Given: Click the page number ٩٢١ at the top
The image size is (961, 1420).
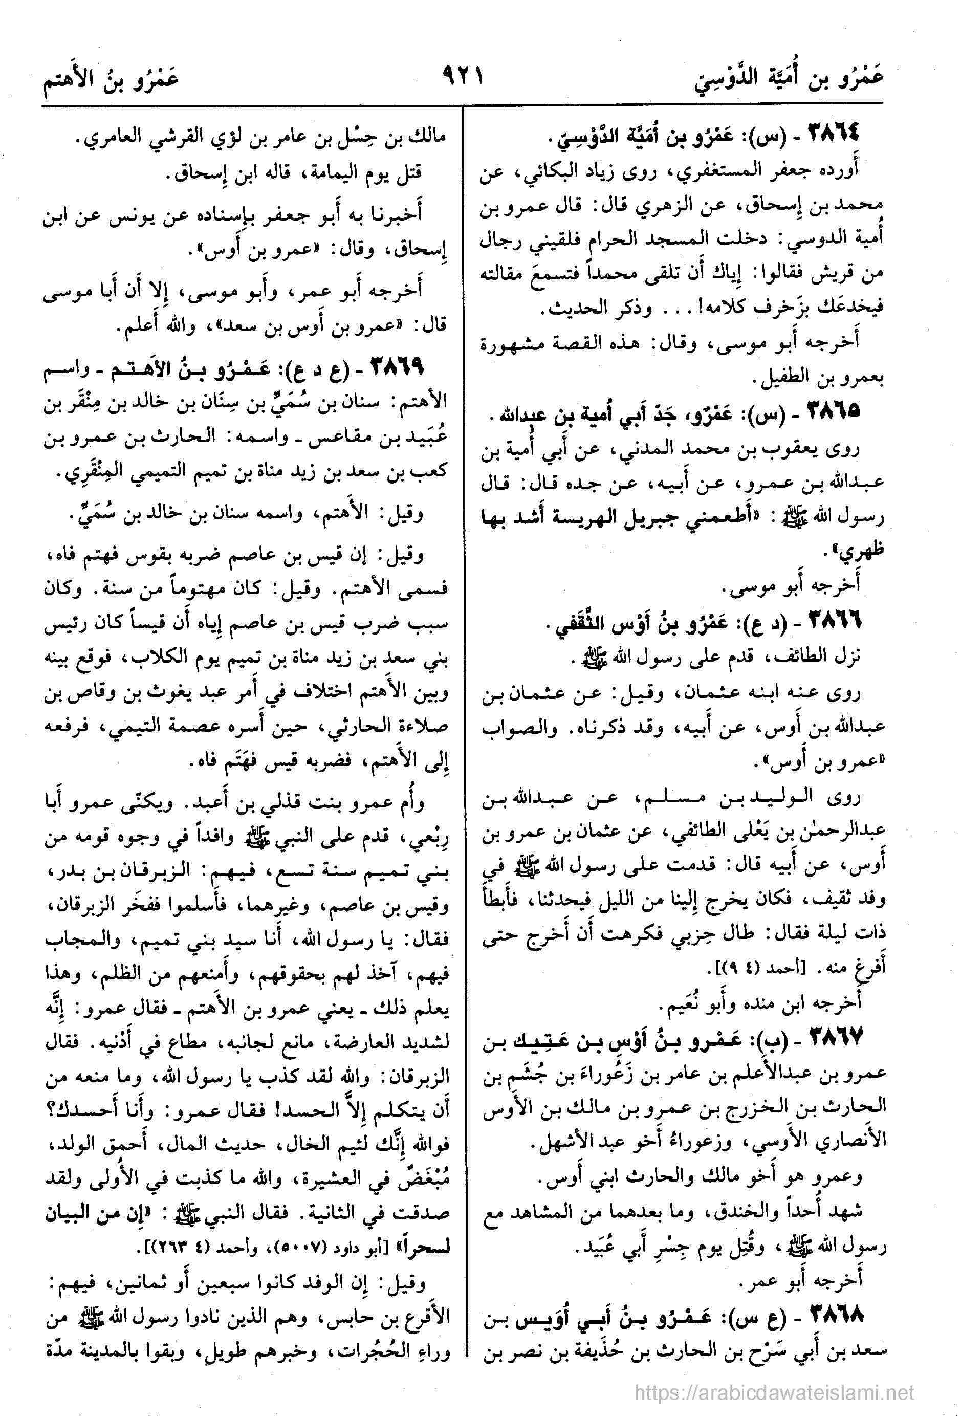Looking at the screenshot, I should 462,78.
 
